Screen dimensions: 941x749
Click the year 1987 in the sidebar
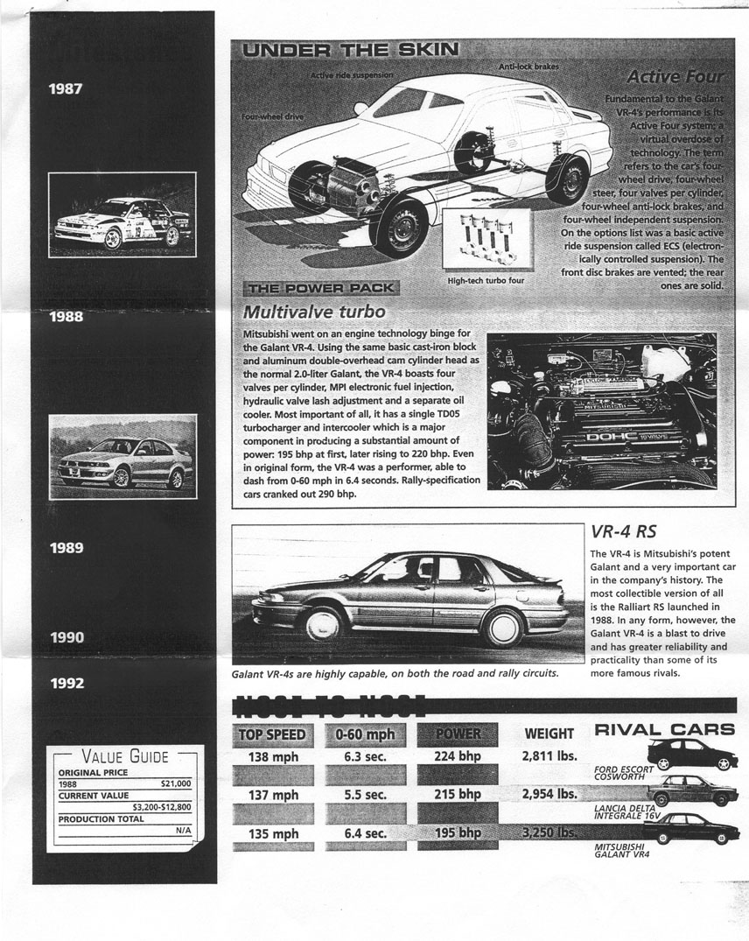66,88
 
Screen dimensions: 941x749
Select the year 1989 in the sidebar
66,549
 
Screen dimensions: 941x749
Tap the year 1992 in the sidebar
66,683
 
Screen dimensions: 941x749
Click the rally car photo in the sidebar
122,214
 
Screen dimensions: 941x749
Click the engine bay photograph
602,411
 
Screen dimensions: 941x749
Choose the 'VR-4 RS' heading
623,531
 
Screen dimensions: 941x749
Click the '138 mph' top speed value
274,756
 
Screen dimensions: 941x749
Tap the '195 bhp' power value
458,833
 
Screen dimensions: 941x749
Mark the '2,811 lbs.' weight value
549,755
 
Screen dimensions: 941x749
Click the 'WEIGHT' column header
549,734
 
